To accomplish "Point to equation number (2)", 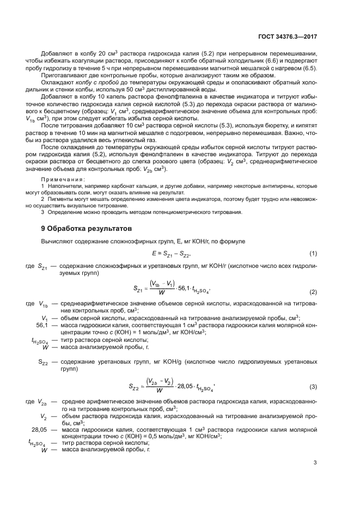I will point(313,292).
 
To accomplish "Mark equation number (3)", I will point(313,386).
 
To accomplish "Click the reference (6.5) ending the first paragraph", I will point(309,69).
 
